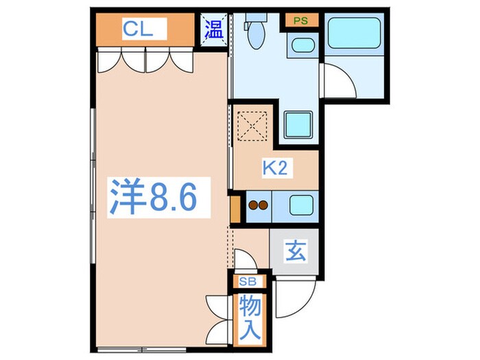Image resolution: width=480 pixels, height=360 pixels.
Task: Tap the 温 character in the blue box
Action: click(x=214, y=29)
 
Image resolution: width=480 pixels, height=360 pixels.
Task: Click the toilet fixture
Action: click(x=255, y=34)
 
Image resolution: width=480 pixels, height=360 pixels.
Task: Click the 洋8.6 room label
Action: click(x=154, y=197)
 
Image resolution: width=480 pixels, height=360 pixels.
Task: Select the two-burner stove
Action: click(x=259, y=205)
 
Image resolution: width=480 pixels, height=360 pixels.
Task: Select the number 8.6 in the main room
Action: click(x=171, y=198)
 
